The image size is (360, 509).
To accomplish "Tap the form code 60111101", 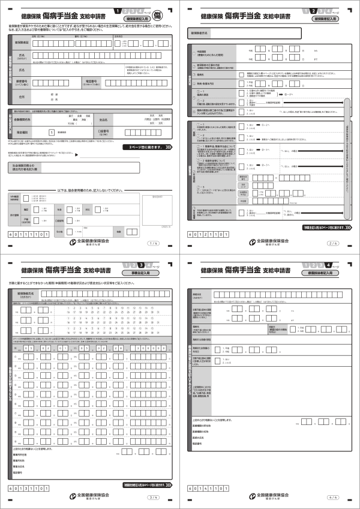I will click(28, 235).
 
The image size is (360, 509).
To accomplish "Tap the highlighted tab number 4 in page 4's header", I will click(329, 265).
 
